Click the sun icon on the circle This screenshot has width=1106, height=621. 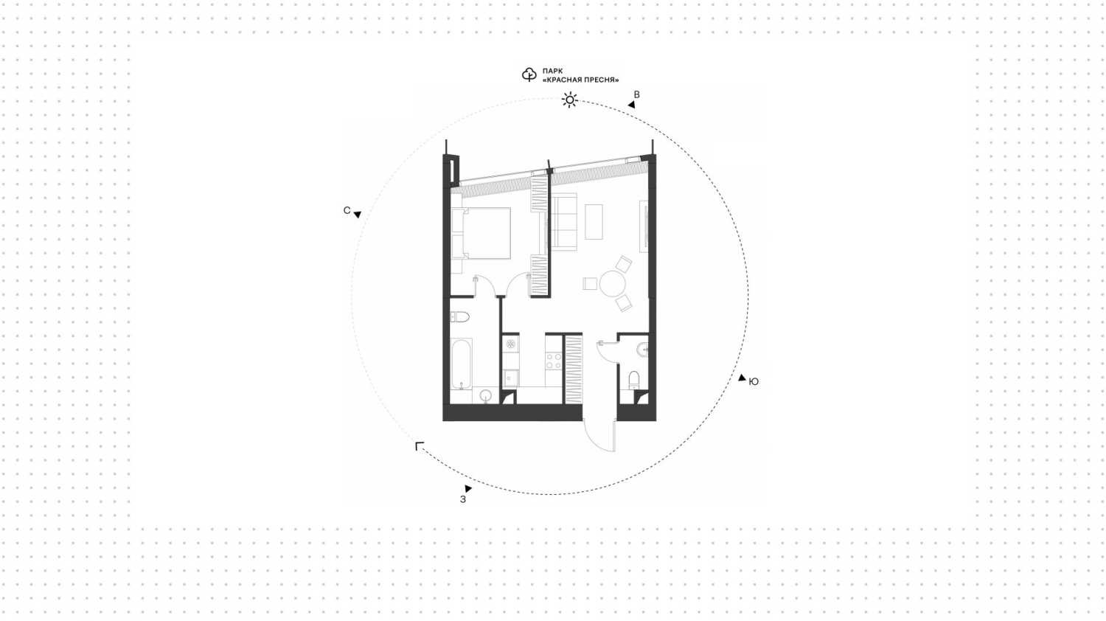[569, 100]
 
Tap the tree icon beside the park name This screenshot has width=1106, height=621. [529, 74]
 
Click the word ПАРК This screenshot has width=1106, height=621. [552, 71]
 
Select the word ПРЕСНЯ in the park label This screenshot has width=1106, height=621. [601, 80]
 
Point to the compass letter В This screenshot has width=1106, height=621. [636, 94]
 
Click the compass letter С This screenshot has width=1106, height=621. [347, 210]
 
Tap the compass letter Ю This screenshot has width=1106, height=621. [754, 381]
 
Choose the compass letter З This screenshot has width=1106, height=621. [462, 499]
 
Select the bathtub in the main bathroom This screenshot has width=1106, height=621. [461, 364]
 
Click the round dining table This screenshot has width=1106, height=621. [612, 283]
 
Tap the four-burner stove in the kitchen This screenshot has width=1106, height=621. [554, 361]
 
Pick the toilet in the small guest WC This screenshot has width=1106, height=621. [634, 380]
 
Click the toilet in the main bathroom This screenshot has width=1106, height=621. [459, 316]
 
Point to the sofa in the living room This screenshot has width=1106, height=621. [564, 222]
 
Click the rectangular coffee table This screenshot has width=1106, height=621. [594, 222]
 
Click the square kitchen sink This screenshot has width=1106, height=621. [510, 378]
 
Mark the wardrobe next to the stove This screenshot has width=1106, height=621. [573, 369]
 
